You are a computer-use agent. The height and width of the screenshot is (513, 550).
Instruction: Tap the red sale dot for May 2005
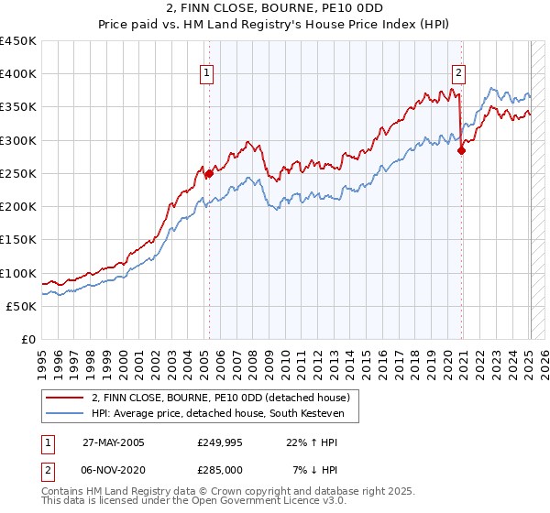click(x=209, y=173)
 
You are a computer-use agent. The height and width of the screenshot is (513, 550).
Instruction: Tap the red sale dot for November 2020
click(x=461, y=151)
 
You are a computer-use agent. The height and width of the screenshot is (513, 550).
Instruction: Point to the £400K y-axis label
click(x=19, y=74)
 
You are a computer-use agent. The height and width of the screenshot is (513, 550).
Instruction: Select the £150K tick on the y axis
click(x=19, y=240)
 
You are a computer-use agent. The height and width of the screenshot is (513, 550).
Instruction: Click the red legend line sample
click(x=65, y=398)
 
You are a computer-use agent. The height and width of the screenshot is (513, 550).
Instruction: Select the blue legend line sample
click(x=65, y=414)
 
